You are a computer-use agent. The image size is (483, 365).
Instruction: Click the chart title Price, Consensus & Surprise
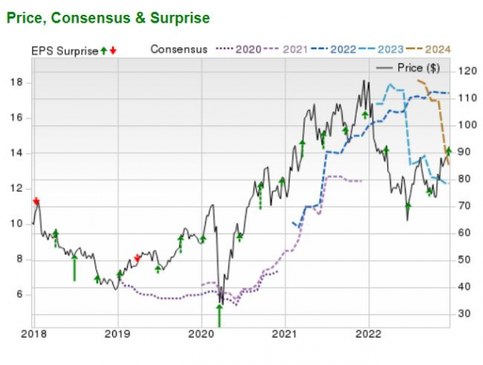108,16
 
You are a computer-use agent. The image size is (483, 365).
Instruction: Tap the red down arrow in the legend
114,50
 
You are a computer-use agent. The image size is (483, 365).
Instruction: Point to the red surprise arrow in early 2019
138,257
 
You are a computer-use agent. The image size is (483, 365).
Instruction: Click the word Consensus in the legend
178,49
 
